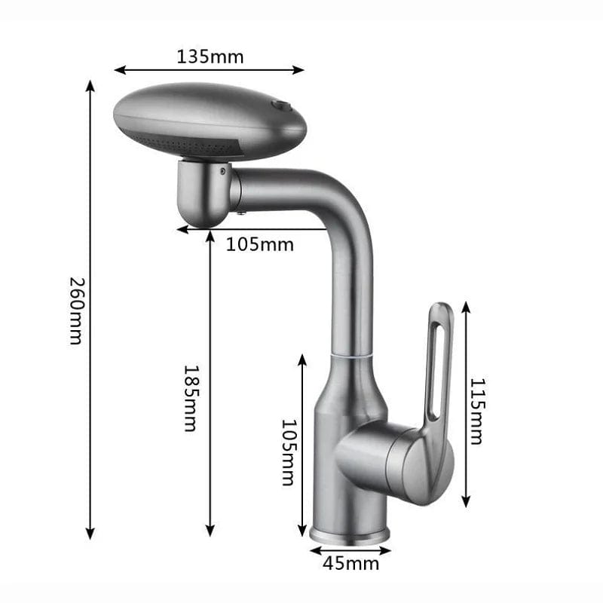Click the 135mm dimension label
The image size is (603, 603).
click(x=210, y=57)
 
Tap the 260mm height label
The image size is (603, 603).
click(x=76, y=311)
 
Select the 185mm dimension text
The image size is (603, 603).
click(x=191, y=399)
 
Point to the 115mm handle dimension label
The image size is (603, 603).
click(x=477, y=412)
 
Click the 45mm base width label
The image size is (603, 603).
click(x=350, y=564)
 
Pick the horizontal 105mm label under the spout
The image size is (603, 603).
click(x=259, y=244)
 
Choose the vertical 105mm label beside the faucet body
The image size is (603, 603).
click(x=289, y=453)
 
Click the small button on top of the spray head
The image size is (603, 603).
click(x=280, y=105)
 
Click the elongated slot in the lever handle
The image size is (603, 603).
click(x=435, y=369)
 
